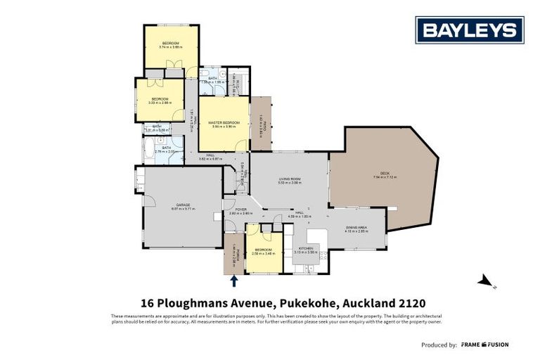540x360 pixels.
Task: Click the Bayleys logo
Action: (470, 30)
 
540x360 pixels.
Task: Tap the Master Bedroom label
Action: (224, 123)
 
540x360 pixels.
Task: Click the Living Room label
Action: (290, 180)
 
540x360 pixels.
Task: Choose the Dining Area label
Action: (357, 229)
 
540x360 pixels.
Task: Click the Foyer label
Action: (241, 210)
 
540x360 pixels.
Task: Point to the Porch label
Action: (233, 258)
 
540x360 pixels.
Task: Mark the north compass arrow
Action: (485, 282)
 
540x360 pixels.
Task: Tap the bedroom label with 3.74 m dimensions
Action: (171, 44)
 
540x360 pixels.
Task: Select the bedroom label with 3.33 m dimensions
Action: (160, 99)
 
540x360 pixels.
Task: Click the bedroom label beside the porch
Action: (263, 250)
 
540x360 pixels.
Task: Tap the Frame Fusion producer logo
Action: (485, 345)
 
